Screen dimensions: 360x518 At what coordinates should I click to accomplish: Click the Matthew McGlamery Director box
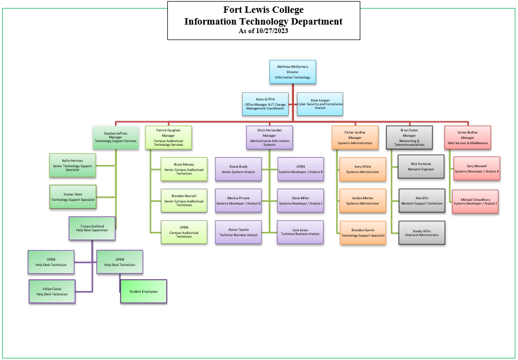pyautogui.click(x=292, y=73)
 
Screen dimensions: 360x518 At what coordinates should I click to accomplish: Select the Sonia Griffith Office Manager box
pyautogui.click(x=265, y=104)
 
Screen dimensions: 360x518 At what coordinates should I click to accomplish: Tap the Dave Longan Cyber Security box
pyautogui.click(x=320, y=104)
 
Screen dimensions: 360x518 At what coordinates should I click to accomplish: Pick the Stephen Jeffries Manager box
pyautogui.click(x=115, y=137)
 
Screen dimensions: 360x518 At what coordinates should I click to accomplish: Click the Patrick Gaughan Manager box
pyautogui.click(x=168, y=137)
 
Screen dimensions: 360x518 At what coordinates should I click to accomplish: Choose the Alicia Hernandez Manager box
pyautogui.click(x=269, y=137)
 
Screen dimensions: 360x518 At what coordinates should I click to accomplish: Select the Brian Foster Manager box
pyautogui.click(x=408, y=137)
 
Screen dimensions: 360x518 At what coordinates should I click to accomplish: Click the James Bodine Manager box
pyautogui.click(x=467, y=137)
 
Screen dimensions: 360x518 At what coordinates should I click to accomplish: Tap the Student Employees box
pyautogui.click(x=143, y=292)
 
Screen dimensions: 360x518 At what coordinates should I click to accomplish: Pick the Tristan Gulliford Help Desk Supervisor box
pyautogui.click(x=92, y=228)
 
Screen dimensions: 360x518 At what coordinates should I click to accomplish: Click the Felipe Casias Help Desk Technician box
pyautogui.click(x=52, y=292)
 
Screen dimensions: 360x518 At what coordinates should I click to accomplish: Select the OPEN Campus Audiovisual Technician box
pyautogui.click(x=184, y=232)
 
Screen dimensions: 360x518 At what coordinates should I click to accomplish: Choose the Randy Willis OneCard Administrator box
pyautogui.click(x=421, y=232)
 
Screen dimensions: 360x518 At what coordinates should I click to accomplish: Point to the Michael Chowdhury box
pyautogui.click(x=475, y=201)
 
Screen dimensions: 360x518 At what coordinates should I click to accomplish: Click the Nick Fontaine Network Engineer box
pyautogui.click(x=421, y=166)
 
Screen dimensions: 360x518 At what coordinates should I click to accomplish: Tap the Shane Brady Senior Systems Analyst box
pyautogui.click(x=238, y=169)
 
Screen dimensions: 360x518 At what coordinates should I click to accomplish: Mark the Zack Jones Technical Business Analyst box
pyautogui.click(x=300, y=232)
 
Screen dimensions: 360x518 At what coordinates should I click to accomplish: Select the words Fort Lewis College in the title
pyautogui.click(x=264, y=10)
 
